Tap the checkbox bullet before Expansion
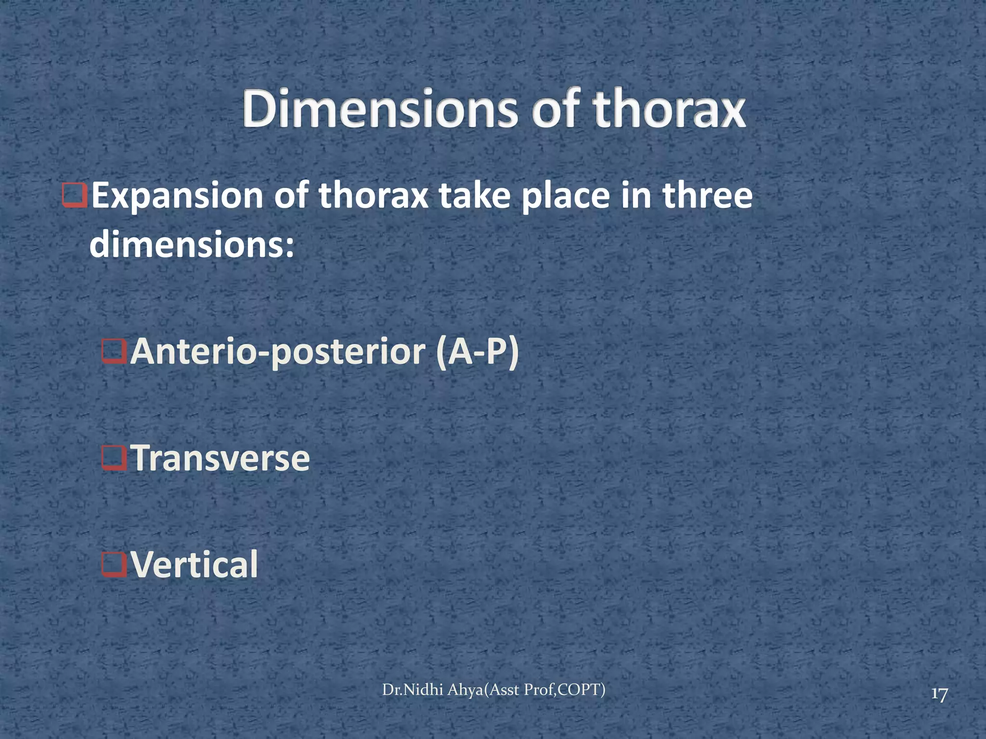coord(75,196)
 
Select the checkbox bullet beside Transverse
coord(114,459)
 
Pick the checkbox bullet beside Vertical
coord(114,565)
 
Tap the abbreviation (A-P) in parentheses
coord(477,353)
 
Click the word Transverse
coord(221,459)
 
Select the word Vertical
coord(195,565)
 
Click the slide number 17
coord(939,695)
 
